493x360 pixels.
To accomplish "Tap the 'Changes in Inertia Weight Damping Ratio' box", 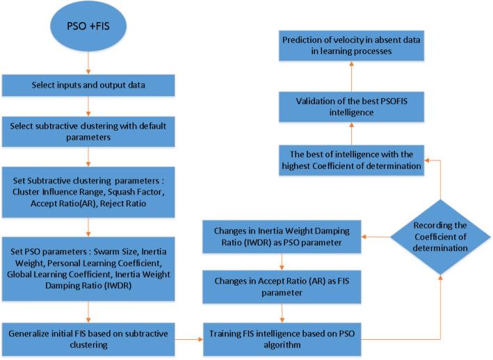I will (281, 236).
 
